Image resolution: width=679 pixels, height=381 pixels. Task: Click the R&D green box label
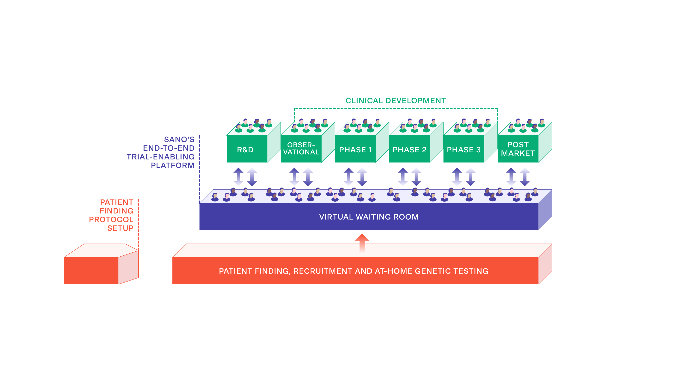click(245, 150)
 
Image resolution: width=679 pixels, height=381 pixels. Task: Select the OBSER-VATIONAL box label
click(301, 148)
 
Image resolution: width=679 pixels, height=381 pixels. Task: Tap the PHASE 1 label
click(355, 150)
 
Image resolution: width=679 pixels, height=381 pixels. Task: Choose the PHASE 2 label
click(409, 150)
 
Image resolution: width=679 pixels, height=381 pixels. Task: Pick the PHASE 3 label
click(464, 150)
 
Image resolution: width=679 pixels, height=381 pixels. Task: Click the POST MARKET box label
click(518, 149)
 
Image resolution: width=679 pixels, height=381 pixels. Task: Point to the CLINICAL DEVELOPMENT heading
click(396, 101)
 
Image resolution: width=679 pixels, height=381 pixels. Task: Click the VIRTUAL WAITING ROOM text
click(369, 217)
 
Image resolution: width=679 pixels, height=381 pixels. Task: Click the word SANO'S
click(179, 139)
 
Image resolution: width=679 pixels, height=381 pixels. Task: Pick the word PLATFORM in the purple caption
click(173, 165)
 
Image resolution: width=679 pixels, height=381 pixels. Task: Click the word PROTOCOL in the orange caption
click(111, 220)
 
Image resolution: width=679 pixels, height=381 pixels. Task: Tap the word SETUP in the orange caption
click(120, 228)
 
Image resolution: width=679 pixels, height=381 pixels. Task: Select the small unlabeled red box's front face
click(91, 270)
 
